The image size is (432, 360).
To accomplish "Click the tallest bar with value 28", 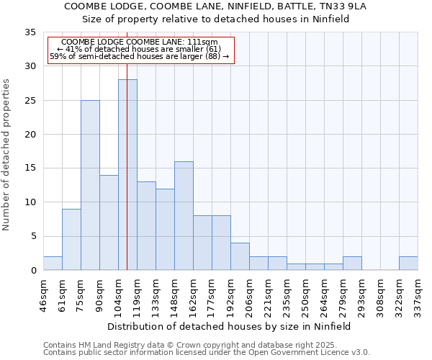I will click(127, 175).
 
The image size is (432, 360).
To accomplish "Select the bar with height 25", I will click(90, 185).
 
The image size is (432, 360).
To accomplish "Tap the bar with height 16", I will click(184, 216).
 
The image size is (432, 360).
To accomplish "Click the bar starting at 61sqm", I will click(71, 240).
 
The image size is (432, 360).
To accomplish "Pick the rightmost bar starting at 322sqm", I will click(408, 264).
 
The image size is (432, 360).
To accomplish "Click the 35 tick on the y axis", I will click(30, 32).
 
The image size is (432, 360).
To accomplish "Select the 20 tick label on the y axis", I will click(30, 135).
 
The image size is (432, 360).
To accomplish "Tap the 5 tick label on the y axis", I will click(33, 236).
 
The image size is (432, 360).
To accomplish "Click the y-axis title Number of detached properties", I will click(7, 155).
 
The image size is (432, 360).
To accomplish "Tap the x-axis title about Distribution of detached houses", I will click(230, 326).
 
